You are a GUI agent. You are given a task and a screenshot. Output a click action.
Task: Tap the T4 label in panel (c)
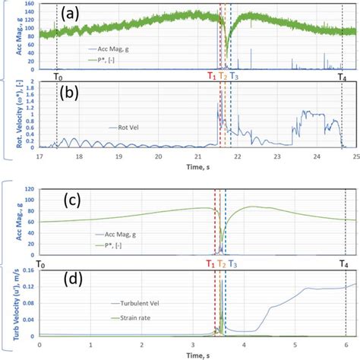click(x=343, y=263)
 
